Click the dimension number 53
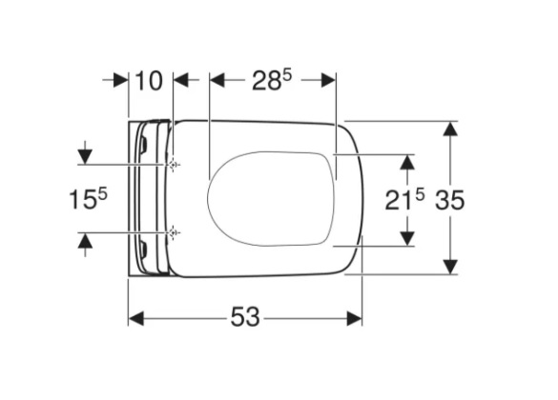coord(245,317)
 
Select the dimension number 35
coord(450,200)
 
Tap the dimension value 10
coord(150,80)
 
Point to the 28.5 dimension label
coord(272,80)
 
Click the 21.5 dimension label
coord(404,200)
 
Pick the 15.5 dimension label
coord(88,199)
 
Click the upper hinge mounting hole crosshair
coord(174,165)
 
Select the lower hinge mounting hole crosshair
coord(174,232)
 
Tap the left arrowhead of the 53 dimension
coord(136,318)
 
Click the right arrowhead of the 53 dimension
coord(355,318)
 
